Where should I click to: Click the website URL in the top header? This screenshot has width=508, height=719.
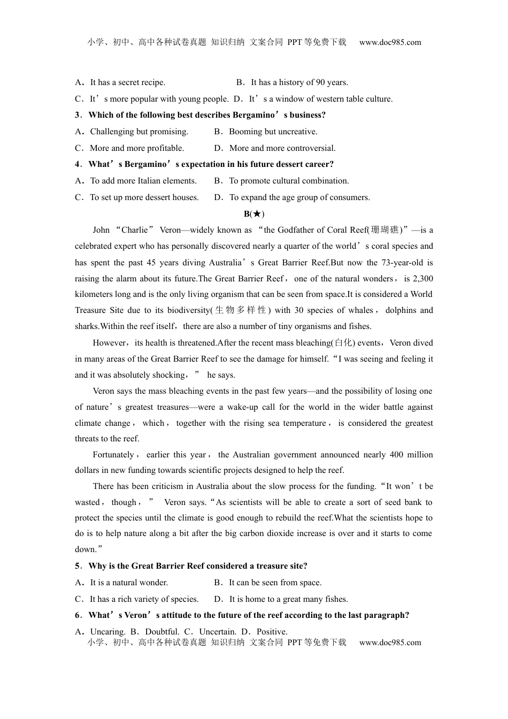click(x=390, y=42)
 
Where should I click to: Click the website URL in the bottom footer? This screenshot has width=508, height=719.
click(x=390, y=642)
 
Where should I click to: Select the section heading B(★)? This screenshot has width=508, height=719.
click(x=254, y=214)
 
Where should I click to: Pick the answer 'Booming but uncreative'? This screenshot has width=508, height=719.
click(x=273, y=132)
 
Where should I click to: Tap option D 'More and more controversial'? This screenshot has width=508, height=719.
click(x=282, y=148)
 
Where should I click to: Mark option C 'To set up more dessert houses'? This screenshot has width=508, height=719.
click(x=144, y=197)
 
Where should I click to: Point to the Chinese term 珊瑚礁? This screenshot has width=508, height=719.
click(x=384, y=230)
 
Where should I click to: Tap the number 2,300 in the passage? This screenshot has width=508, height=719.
click(x=423, y=279)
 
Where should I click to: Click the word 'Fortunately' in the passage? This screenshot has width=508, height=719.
click(x=114, y=455)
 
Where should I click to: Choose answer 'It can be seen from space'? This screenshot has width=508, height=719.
click(x=275, y=583)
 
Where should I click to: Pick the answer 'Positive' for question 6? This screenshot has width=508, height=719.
click(x=272, y=632)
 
